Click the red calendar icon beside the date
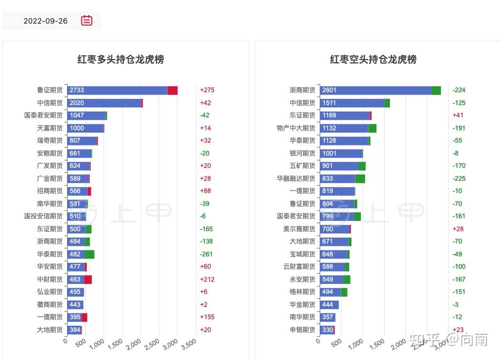coord(86,21)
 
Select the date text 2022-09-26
coord(46,21)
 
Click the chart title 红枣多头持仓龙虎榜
coord(121,60)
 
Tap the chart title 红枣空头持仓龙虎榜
coord(373,60)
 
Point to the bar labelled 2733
coord(117,90)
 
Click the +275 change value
coord(207,90)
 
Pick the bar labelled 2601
coord(375,90)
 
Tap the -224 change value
coord(459,90)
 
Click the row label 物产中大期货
coord(296,128)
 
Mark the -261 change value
coord(207,254)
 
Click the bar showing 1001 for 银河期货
coord(341,153)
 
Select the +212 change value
coord(207,280)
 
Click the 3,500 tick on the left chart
coord(188,344)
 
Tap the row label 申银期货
coord(302,330)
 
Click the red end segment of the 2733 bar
coord(172,90)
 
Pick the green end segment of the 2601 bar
coord(436,90)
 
